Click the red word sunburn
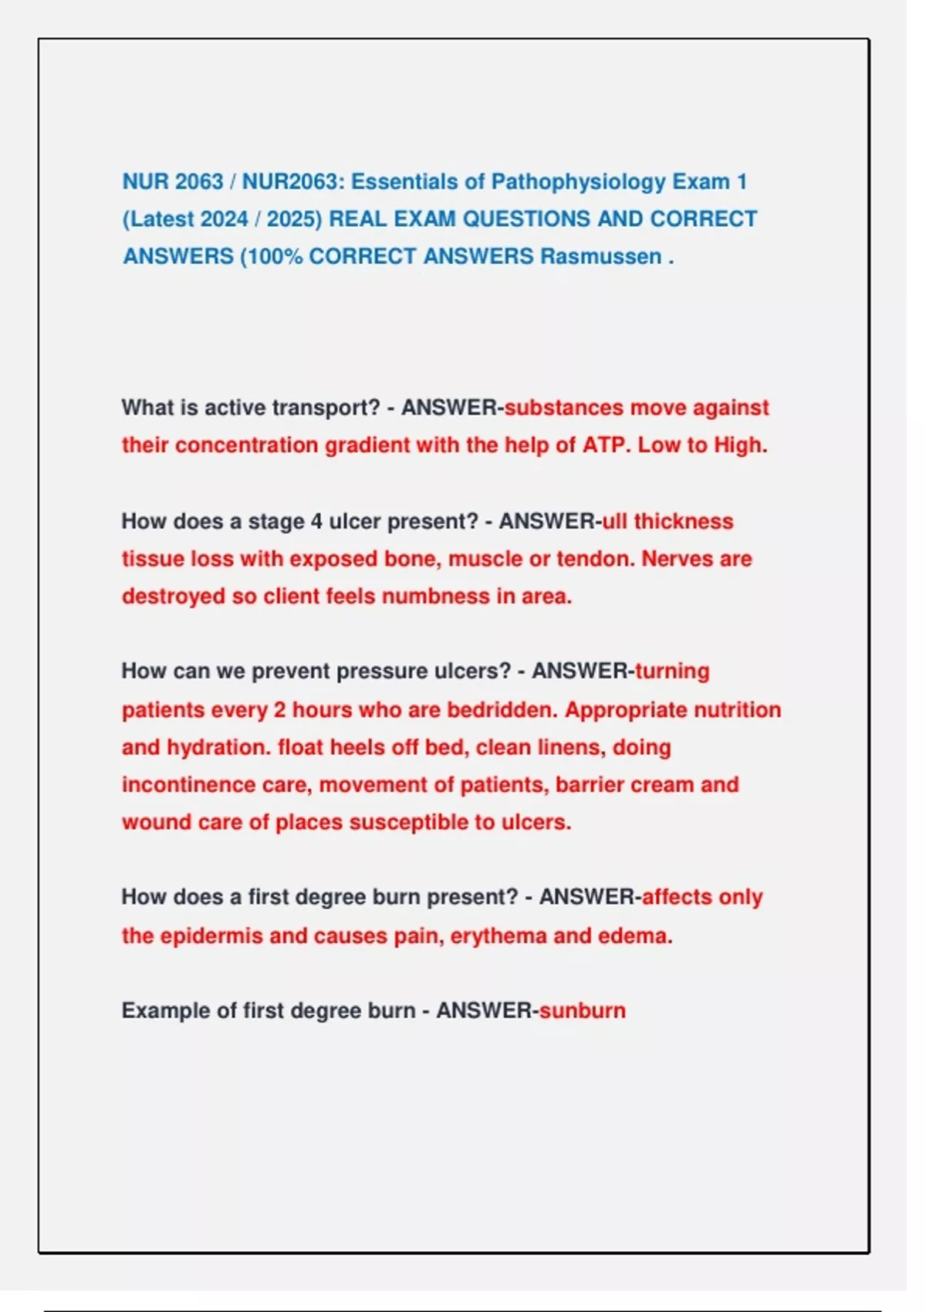[x=583, y=1010]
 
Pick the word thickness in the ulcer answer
[x=683, y=521]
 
